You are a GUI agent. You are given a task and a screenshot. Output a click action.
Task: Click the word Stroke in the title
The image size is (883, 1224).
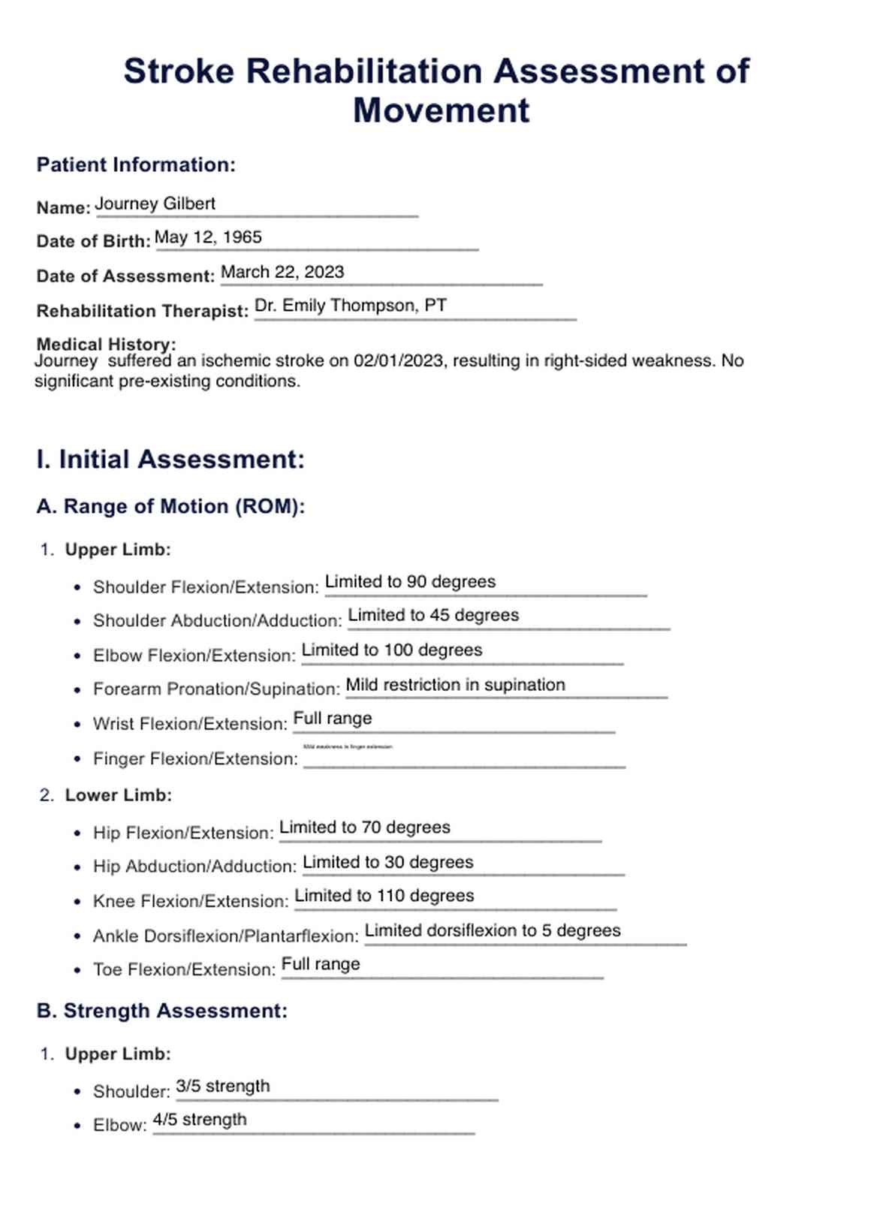pyautogui.click(x=179, y=72)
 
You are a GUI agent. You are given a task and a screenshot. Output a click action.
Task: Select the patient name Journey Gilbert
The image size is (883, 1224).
pyautogui.click(x=155, y=204)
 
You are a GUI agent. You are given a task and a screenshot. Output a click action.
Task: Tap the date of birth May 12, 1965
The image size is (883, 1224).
pyautogui.click(x=208, y=238)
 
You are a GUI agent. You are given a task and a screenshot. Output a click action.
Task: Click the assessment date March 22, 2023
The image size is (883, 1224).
pyautogui.click(x=282, y=273)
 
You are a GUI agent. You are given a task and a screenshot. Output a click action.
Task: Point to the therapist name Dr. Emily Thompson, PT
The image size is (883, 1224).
pyautogui.click(x=351, y=306)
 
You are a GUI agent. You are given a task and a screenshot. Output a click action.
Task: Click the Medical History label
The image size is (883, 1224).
pyautogui.click(x=106, y=345)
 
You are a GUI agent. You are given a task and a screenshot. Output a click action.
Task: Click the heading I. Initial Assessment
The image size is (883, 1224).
pyautogui.click(x=170, y=460)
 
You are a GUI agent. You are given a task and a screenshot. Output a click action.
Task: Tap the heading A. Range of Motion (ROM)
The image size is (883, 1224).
pyautogui.click(x=170, y=507)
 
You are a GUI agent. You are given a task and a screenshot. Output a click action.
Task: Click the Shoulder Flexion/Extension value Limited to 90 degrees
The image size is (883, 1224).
pyautogui.click(x=410, y=582)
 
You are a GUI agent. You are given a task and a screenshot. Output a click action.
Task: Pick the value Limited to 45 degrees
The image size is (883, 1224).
pyautogui.click(x=433, y=616)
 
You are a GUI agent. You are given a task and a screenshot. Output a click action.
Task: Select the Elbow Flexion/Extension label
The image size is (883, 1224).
pyautogui.click(x=194, y=656)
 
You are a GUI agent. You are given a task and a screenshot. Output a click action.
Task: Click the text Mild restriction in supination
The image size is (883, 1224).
pyautogui.click(x=455, y=685)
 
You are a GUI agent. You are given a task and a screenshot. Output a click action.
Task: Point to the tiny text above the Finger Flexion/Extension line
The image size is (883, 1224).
pyautogui.click(x=348, y=747)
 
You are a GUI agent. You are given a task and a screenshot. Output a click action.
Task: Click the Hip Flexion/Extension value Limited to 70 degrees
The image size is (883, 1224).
pyautogui.click(x=364, y=828)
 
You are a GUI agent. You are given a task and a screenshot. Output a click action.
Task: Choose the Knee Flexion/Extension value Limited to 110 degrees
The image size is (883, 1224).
pyautogui.click(x=384, y=896)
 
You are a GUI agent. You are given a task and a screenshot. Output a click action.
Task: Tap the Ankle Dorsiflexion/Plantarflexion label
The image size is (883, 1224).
pyautogui.click(x=225, y=936)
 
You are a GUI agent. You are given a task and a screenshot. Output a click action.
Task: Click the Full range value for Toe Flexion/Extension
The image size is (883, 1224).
pyautogui.click(x=321, y=964)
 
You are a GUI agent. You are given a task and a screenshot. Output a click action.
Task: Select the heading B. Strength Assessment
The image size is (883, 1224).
pyautogui.click(x=161, y=1011)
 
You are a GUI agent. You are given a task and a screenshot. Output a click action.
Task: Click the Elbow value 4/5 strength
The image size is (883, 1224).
pyautogui.click(x=200, y=1120)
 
